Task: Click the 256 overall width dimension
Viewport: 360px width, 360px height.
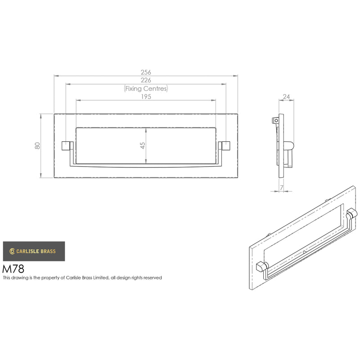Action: pyautogui.click(x=146, y=72)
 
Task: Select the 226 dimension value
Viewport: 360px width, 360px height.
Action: pyautogui.click(x=146, y=80)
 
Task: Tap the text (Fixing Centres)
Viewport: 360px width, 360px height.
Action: pyautogui.click(x=146, y=89)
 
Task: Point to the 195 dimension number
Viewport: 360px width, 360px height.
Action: pyautogui.click(x=146, y=97)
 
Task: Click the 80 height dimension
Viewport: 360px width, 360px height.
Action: pyautogui.click(x=37, y=145)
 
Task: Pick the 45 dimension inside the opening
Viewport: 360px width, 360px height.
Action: pyautogui.click(x=143, y=145)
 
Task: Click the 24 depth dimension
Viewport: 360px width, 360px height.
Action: pyautogui.click(x=286, y=97)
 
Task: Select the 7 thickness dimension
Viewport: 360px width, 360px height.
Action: pyautogui.click(x=282, y=188)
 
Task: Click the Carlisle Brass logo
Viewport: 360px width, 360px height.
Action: pyautogui.click(x=34, y=251)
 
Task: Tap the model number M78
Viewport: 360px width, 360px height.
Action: pyautogui.click(x=13, y=269)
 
